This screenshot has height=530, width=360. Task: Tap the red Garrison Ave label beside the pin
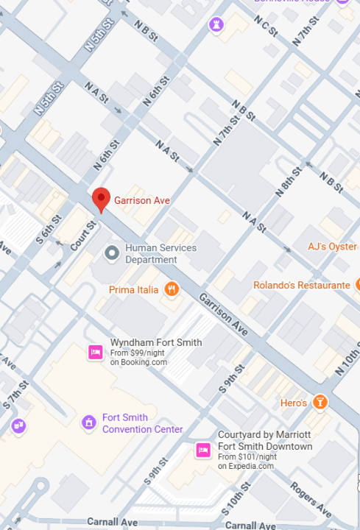point(141,199)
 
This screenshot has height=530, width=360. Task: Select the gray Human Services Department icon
point(112,254)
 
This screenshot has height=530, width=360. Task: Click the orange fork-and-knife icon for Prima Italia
point(172,289)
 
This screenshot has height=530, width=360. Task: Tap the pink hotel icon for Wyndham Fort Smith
point(95,352)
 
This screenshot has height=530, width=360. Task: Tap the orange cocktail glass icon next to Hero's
point(320,402)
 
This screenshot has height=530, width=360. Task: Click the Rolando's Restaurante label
point(301,285)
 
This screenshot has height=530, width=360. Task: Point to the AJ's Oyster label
point(332,247)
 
